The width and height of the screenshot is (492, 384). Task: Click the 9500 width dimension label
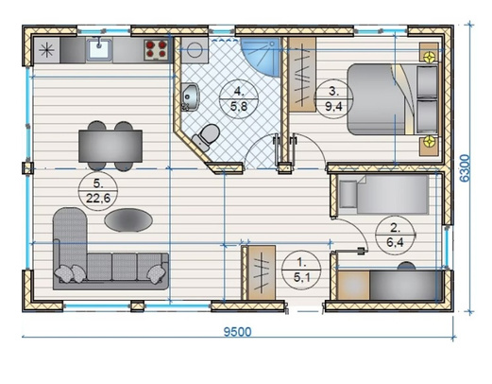(x=237, y=332)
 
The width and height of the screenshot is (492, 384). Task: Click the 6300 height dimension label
(x=466, y=168)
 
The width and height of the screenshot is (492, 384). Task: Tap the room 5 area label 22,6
(x=98, y=199)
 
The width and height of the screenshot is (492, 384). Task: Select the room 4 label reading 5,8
(x=239, y=107)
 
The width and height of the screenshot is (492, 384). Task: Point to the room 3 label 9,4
(x=333, y=107)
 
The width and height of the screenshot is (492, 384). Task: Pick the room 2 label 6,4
(x=395, y=242)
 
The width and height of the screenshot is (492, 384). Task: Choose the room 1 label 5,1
(x=302, y=277)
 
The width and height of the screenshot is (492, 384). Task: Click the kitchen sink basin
(x=99, y=49)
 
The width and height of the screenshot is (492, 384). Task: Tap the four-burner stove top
(x=156, y=49)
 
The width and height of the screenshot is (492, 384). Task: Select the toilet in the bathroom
(x=206, y=136)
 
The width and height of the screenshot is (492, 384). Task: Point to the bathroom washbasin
(x=190, y=97)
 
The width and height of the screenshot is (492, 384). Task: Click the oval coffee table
(x=128, y=220)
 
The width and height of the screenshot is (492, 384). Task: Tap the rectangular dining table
(x=110, y=147)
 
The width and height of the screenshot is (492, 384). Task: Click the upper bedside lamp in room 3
(x=430, y=57)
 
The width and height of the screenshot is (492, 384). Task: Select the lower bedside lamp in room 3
(x=430, y=141)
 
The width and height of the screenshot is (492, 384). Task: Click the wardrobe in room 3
(x=302, y=75)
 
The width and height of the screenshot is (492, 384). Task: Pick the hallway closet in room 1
(x=262, y=272)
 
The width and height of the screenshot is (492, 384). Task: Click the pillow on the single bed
(x=348, y=194)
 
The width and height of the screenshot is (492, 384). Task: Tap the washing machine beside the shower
(x=195, y=50)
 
